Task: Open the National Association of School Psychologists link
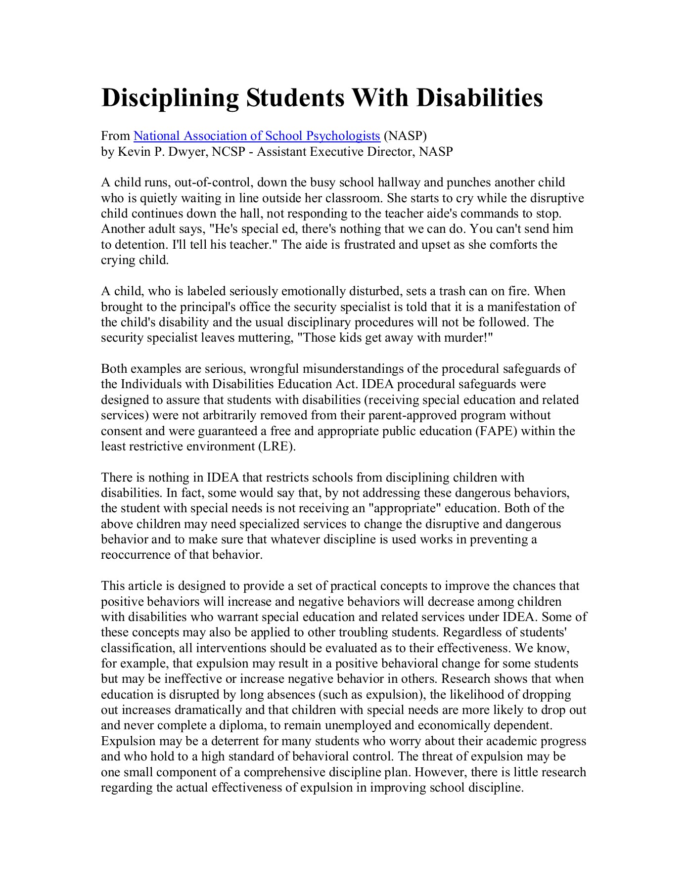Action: click(x=256, y=136)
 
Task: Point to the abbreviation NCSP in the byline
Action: click(x=229, y=151)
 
